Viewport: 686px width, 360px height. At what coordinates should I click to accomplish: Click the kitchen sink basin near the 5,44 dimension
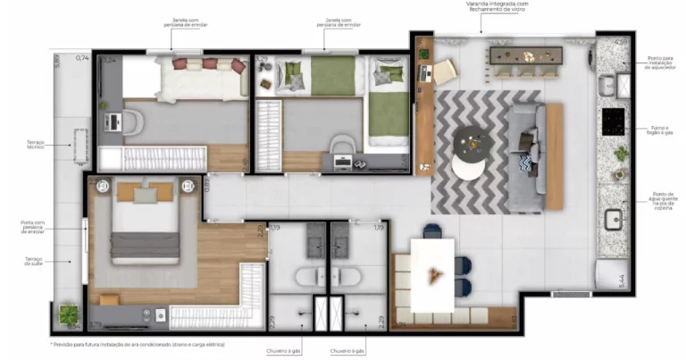tap(612, 220)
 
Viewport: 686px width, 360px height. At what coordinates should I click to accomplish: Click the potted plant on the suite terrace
tap(69, 314)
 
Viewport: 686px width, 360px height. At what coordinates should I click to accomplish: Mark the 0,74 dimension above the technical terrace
tap(83, 58)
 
